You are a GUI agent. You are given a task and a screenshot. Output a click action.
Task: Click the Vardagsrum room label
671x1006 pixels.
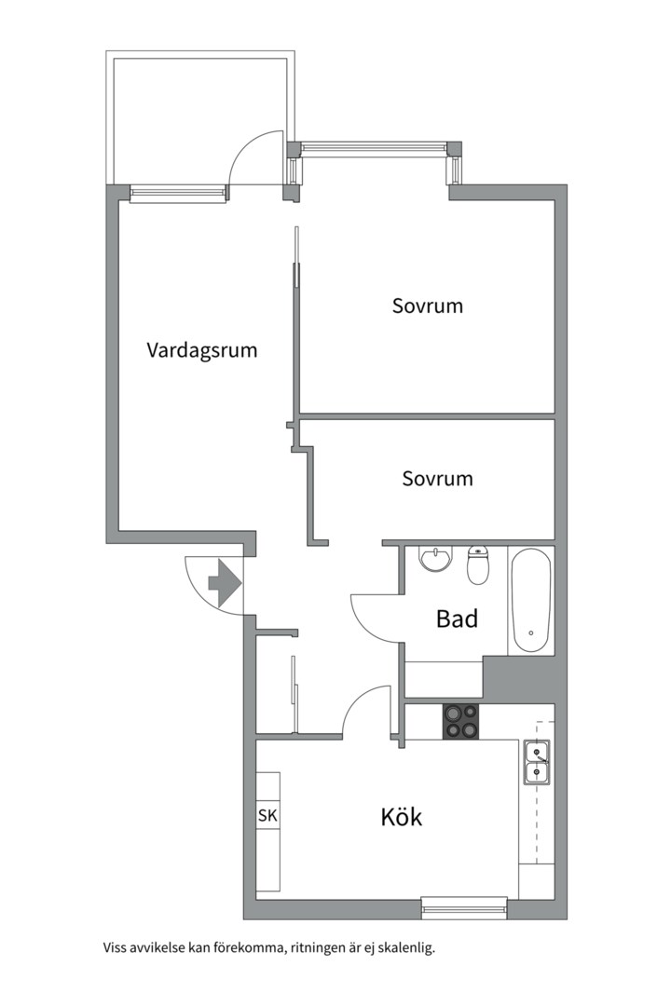(201, 350)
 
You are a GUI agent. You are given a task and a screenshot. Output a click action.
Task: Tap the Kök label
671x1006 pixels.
(402, 817)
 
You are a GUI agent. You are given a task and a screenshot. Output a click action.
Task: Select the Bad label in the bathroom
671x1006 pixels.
(457, 619)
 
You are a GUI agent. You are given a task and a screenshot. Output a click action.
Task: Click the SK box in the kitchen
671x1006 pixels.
(267, 815)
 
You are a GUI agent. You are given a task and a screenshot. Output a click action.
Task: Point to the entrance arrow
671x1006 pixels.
(224, 583)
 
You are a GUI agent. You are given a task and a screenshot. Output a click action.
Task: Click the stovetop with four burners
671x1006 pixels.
(460, 721)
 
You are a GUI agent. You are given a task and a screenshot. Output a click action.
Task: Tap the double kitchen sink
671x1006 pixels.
(536, 762)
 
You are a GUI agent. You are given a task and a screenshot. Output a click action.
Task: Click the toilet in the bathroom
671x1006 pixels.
(478, 564)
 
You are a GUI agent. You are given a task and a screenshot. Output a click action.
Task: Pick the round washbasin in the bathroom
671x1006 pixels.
(436, 558)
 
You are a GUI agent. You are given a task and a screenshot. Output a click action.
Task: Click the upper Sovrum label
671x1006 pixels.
(428, 306)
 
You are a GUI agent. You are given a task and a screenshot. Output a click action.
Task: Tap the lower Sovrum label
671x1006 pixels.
(437, 478)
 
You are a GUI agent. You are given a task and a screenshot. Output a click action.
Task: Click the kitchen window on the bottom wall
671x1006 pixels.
(464, 908)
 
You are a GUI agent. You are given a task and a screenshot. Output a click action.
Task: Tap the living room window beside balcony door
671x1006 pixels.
(179, 193)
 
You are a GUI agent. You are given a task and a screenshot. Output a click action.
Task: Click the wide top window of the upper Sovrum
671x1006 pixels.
(375, 147)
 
